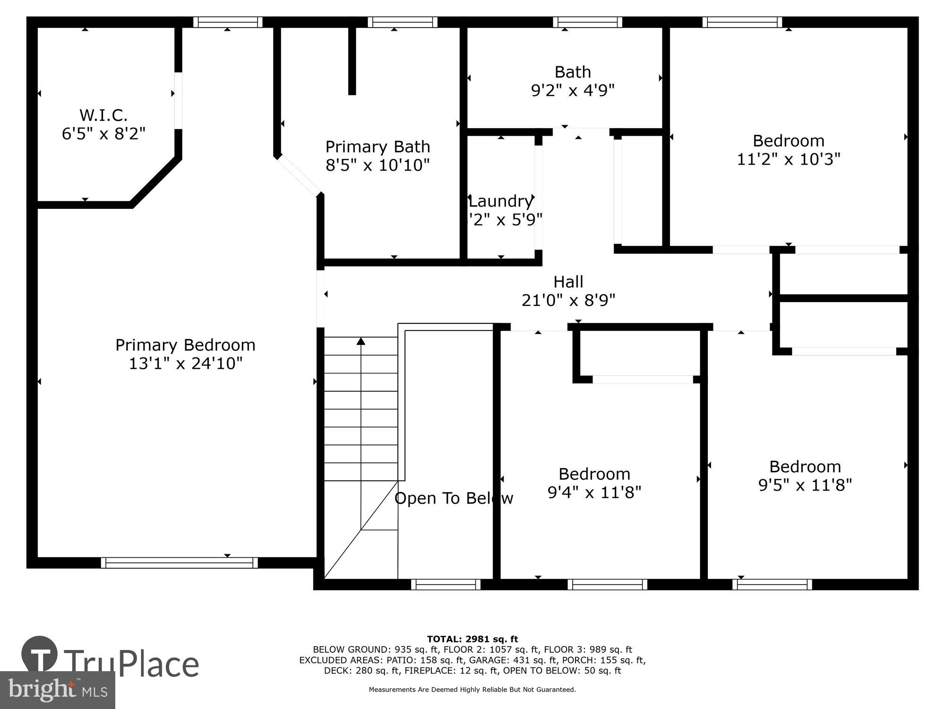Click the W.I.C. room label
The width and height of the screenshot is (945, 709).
pyautogui.click(x=103, y=115)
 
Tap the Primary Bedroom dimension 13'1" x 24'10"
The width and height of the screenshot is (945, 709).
pyautogui.click(x=186, y=363)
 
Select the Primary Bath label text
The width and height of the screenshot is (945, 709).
pyautogui.click(x=378, y=147)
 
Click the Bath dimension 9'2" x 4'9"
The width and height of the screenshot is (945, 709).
pyautogui.click(x=573, y=90)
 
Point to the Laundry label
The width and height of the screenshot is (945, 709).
pyautogui.click(x=501, y=201)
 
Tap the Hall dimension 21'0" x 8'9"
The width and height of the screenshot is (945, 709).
pyautogui.click(x=568, y=300)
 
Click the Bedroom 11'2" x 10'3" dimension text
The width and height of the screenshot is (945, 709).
pyautogui.click(x=789, y=159)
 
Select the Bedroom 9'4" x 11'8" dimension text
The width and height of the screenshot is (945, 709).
pyautogui.click(x=594, y=493)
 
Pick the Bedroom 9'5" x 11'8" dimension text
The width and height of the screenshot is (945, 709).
pyautogui.click(x=805, y=485)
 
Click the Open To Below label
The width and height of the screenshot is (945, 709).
pyautogui.click(x=454, y=498)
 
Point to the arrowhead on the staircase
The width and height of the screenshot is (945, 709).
pyautogui.click(x=361, y=341)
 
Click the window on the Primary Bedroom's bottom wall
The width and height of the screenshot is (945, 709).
pyautogui.click(x=179, y=562)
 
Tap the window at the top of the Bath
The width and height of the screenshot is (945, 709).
pyautogui.click(x=587, y=22)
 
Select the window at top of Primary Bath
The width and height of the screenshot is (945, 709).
pyautogui.click(x=403, y=22)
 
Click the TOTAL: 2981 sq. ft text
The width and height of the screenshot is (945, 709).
pyautogui.click(x=472, y=639)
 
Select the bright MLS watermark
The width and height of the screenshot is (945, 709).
pyautogui.click(x=58, y=690)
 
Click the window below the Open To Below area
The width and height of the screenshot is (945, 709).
pyautogui.click(x=446, y=585)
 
